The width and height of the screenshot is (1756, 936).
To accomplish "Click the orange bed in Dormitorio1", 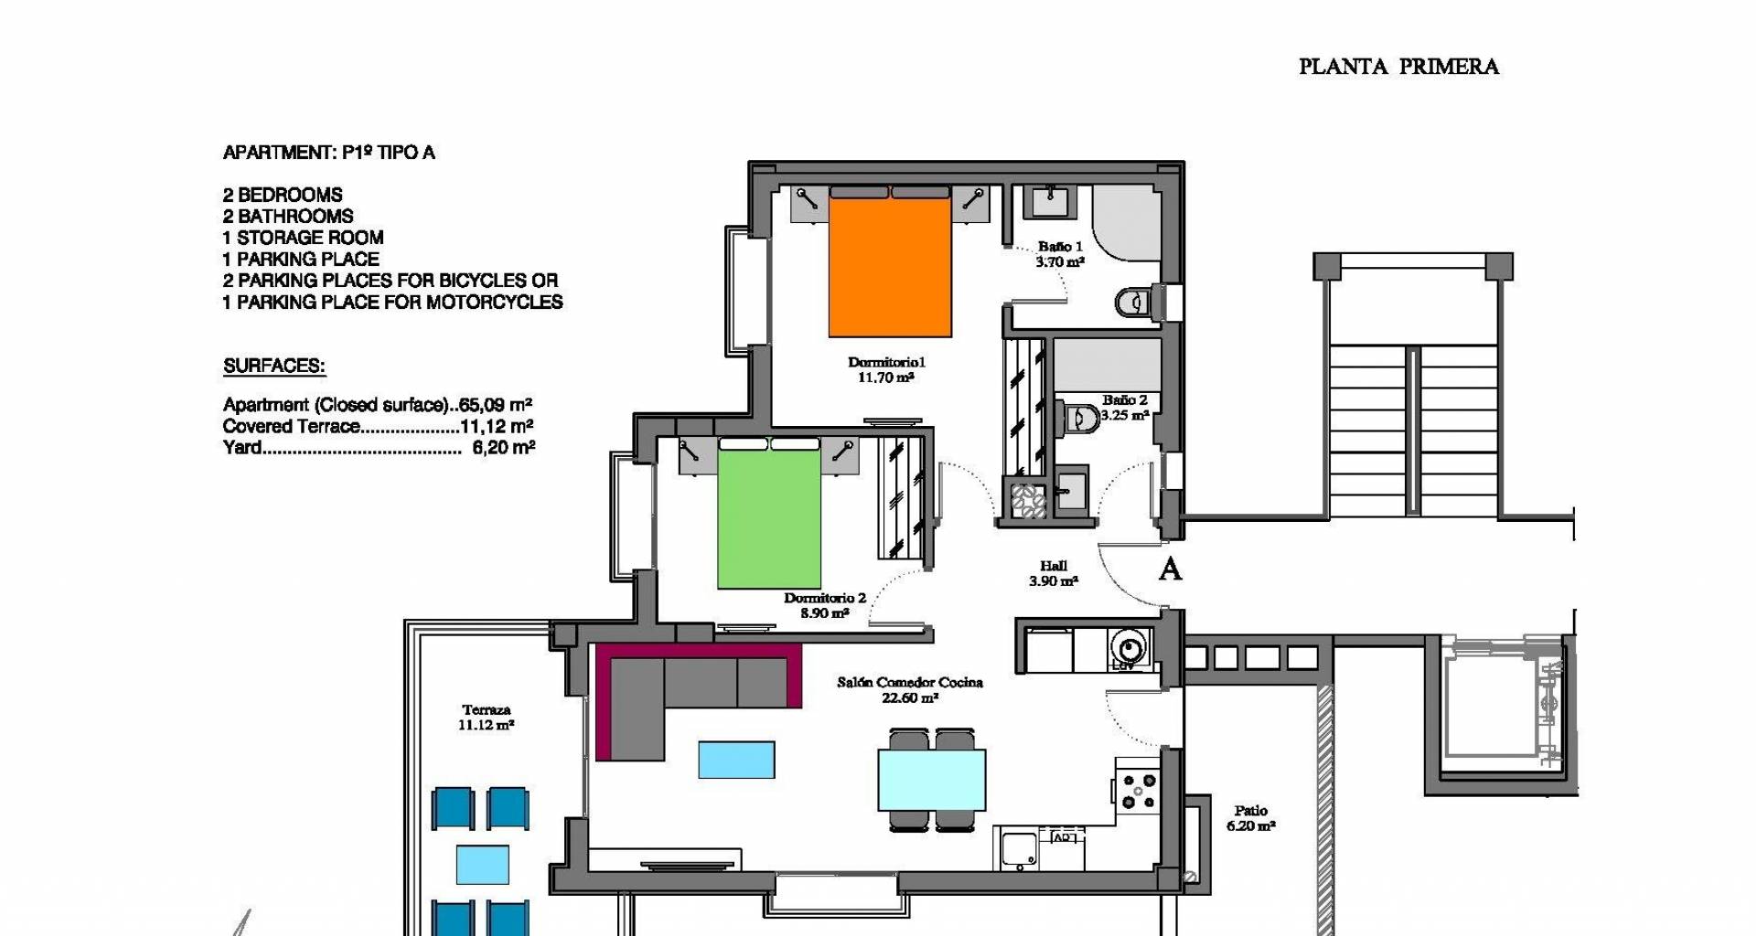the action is [x=890, y=266].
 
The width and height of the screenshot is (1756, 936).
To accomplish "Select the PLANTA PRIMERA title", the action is [x=1398, y=67].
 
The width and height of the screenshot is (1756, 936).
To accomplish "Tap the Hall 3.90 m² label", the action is [x=1054, y=573].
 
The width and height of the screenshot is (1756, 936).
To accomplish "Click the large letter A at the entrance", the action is [x=1170, y=569].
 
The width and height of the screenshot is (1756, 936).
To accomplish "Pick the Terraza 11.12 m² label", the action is [x=486, y=718].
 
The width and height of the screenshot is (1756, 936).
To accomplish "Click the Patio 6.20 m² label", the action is [x=1251, y=818].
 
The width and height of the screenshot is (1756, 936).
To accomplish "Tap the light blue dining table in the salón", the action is [x=932, y=780].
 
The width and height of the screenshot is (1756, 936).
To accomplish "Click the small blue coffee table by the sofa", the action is [x=736, y=760].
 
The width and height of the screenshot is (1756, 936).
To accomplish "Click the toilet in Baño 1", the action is [x=1135, y=303].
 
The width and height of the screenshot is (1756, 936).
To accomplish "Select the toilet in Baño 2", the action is [x=1079, y=419].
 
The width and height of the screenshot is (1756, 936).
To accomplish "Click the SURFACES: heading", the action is [x=274, y=367].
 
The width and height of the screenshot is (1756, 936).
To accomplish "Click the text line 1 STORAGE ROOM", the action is [x=303, y=238].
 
